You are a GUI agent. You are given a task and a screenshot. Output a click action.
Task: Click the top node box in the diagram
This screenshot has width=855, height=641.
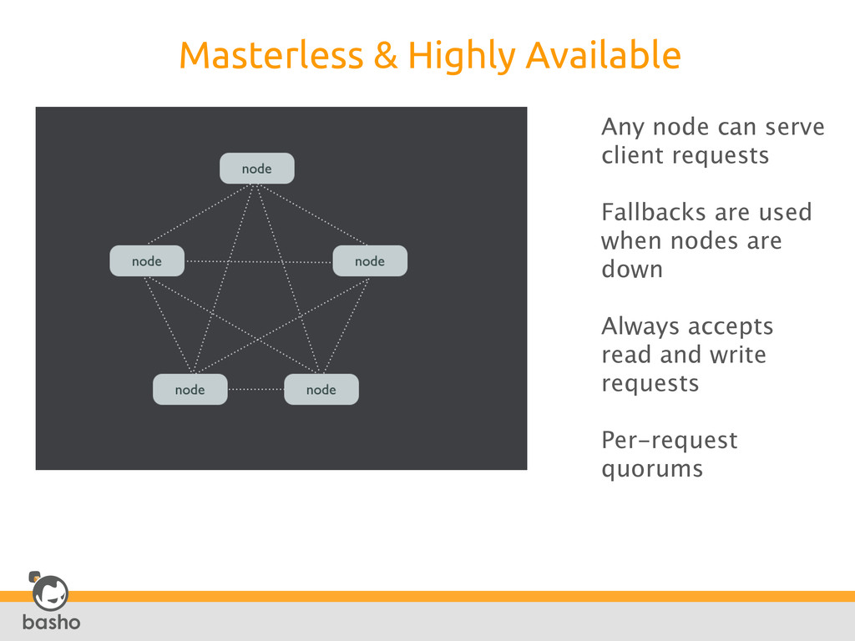(x=256, y=169)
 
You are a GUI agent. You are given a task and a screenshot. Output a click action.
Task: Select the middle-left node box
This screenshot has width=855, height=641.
(x=147, y=261)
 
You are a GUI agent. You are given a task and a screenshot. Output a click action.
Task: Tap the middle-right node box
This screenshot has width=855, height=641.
(x=370, y=261)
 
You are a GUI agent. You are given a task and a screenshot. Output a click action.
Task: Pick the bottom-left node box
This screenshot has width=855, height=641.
(x=190, y=390)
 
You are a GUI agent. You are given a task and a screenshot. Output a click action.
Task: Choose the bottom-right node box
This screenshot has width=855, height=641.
(x=321, y=390)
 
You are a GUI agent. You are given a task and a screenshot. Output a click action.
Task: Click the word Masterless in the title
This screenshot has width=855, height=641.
(x=271, y=56)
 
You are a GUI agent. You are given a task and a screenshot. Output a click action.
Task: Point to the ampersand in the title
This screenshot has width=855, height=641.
(x=385, y=57)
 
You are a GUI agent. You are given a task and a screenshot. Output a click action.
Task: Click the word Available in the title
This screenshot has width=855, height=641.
(x=603, y=56)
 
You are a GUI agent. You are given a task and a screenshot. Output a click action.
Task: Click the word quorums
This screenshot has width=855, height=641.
(x=652, y=470)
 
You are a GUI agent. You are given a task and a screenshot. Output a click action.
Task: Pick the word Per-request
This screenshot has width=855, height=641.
(x=670, y=441)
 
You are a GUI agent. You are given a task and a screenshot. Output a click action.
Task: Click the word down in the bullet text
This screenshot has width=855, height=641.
(x=632, y=270)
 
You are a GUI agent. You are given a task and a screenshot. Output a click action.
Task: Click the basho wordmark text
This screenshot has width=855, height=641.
(x=51, y=623)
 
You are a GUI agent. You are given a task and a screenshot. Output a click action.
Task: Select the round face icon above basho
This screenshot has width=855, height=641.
(x=49, y=593)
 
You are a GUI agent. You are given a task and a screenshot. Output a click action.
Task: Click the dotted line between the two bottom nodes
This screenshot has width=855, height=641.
(x=255, y=389)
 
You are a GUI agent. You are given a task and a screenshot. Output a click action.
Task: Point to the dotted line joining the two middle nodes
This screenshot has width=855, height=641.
(x=259, y=262)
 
